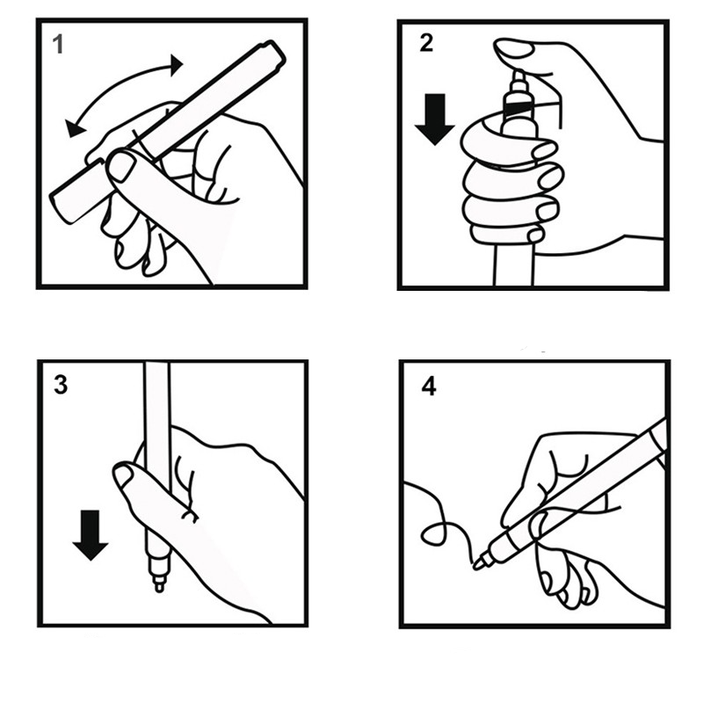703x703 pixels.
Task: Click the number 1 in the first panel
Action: (58, 45)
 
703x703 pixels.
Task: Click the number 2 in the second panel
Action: (426, 43)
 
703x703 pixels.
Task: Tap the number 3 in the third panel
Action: (61, 385)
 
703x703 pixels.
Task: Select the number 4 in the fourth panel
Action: (429, 386)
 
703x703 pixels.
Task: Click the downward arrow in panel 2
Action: (434, 120)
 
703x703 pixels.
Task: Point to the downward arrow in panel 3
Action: (91, 535)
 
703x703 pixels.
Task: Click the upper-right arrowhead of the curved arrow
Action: (177, 65)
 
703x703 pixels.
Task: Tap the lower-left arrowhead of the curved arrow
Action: (74, 128)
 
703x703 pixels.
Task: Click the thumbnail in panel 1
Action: (121, 167)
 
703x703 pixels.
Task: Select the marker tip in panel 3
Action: (159, 583)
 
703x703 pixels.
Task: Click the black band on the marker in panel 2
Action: (518, 108)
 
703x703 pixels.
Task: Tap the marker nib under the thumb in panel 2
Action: (518, 78)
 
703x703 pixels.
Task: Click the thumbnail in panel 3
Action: (123, 475)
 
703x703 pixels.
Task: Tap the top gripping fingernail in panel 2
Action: (544, 150)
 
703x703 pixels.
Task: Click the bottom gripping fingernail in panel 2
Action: (535, 235)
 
